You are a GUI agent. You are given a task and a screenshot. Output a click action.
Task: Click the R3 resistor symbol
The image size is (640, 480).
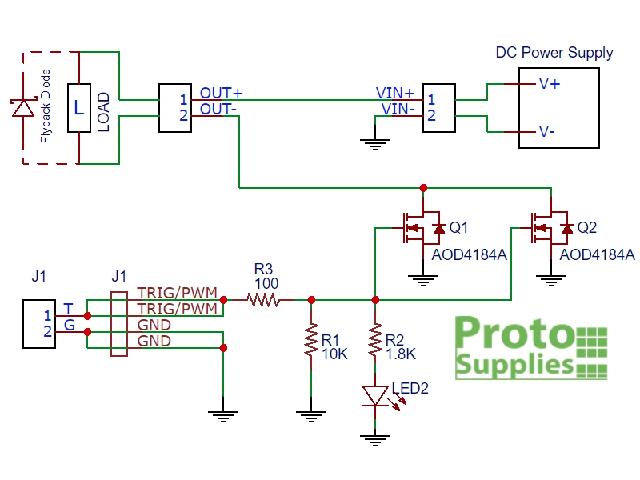(x=263, y=300)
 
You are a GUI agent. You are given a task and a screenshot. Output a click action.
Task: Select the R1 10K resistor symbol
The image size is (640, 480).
(x=311, y=342)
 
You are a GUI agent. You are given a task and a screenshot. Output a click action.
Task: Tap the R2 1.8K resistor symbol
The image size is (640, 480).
(x=374, y=342)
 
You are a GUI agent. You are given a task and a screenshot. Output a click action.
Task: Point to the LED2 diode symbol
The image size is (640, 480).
(x=374, y=395)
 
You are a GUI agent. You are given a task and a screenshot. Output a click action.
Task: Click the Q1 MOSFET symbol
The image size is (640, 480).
(x=421, y=229)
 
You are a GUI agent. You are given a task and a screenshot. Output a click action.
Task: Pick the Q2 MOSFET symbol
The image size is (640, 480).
(x=549, y=229)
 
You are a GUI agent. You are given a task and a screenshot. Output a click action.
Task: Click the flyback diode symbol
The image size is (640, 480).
(x=22, y=108)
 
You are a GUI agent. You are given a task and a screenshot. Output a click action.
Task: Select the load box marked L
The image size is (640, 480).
(x=78, y=108)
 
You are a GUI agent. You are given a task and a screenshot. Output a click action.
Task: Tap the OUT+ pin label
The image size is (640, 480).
(x=222, y=94)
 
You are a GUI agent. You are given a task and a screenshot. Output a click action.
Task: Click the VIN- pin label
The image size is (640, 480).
(x=398, y=109)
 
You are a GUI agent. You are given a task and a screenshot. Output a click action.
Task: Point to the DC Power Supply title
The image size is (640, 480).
(x=554, y=54)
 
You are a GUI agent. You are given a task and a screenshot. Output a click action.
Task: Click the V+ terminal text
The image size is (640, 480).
(x=549, y=83)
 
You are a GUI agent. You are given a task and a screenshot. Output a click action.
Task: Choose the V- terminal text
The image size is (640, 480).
(x=547, y=131)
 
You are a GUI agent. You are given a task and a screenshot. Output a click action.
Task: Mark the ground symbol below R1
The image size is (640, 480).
(x=311, y=414)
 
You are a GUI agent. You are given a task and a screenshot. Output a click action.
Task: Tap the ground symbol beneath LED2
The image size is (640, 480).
(x=374, y=438)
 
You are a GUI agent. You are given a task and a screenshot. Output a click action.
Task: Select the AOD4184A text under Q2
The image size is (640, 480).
(x=597, y=255)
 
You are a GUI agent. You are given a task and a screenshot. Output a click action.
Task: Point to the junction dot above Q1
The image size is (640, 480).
(x=423, y=188)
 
